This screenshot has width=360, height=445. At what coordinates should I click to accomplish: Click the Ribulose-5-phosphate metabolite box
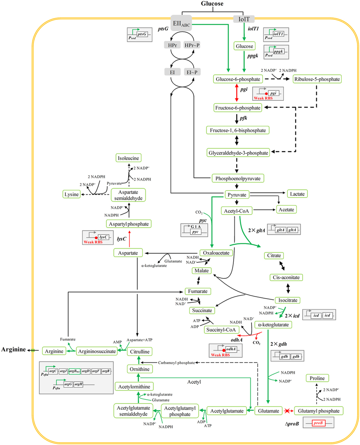pos(317,79)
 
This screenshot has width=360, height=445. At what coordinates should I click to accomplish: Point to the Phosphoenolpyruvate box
pos(238,178)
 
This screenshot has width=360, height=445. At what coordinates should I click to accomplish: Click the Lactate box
pos(297,194)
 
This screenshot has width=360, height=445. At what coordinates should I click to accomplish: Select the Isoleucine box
pos(129,157)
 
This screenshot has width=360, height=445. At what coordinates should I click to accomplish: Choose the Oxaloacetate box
pos(216,253)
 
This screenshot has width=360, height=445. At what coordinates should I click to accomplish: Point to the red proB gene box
pos(320,423)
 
